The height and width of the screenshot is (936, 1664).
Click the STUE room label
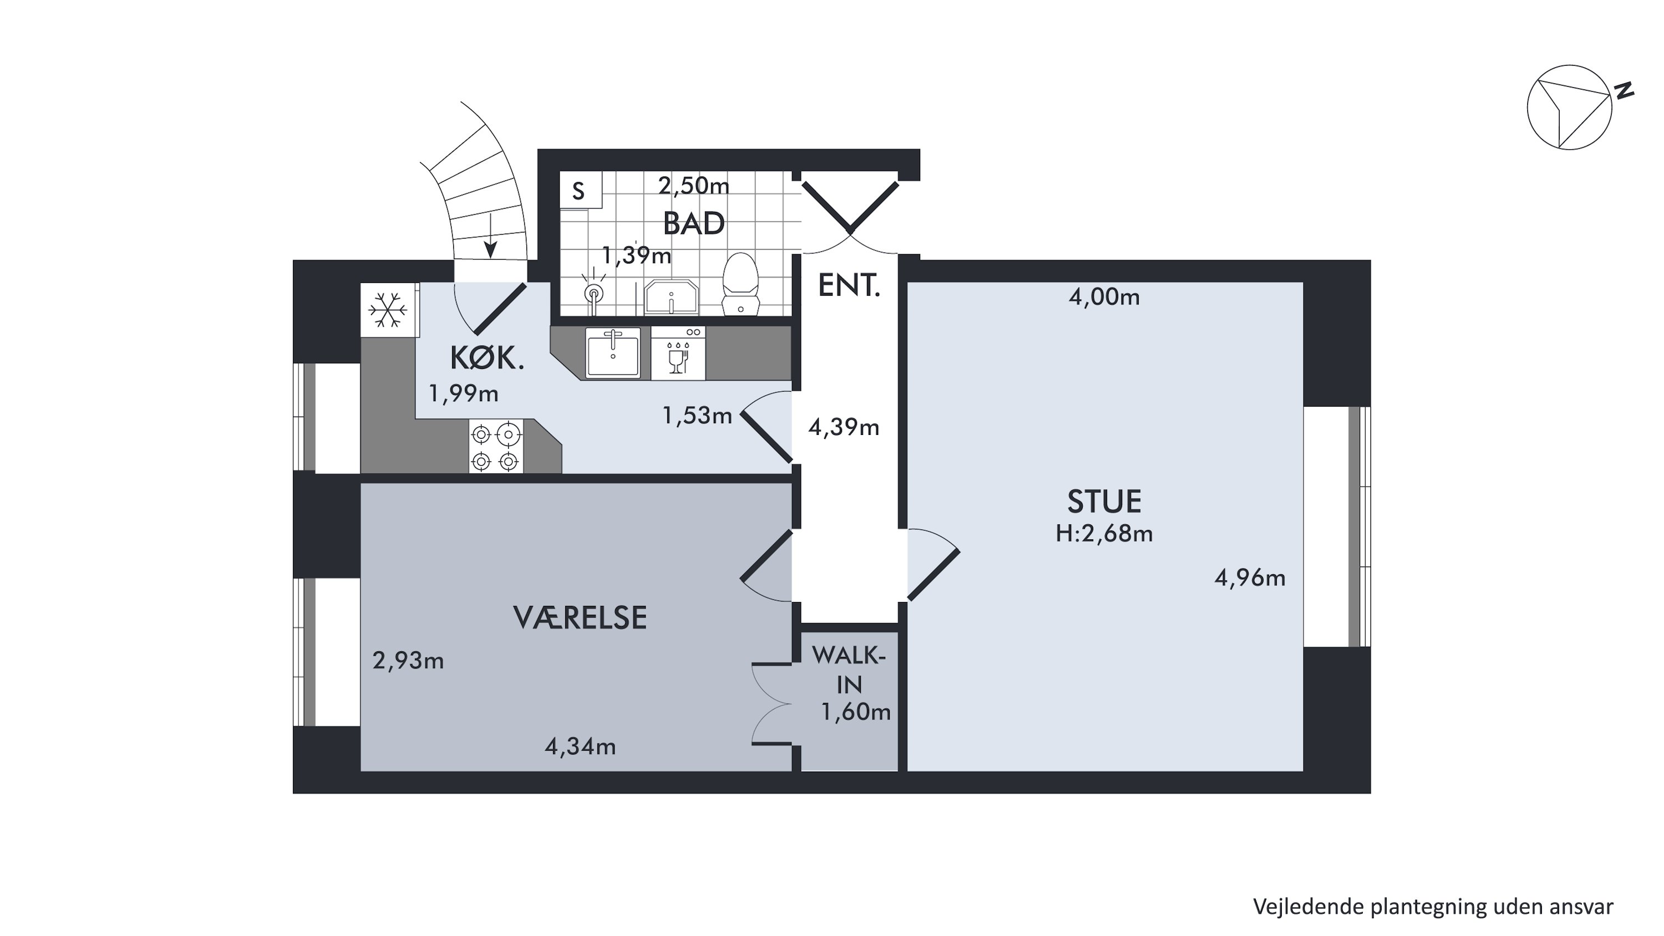1104,501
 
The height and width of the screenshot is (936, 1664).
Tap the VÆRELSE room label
580,618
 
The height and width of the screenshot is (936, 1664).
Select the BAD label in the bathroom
694,224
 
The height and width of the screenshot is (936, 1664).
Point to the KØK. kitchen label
487,358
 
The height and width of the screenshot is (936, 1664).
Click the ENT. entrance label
849,286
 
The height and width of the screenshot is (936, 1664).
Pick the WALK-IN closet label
849,669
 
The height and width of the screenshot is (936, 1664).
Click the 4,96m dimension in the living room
1250,578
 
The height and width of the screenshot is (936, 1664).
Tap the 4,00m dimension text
1104,297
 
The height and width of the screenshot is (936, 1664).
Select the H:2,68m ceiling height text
1104,534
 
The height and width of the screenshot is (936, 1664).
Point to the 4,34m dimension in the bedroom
580,747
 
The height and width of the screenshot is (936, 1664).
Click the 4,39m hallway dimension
844,427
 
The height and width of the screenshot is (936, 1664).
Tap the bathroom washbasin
672,297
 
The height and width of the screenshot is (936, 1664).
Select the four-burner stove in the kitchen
495,446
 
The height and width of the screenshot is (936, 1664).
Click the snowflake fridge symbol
388,310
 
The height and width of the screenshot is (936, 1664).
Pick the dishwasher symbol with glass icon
678,353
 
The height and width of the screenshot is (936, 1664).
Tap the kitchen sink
613,353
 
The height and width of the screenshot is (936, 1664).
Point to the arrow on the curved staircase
491,236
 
